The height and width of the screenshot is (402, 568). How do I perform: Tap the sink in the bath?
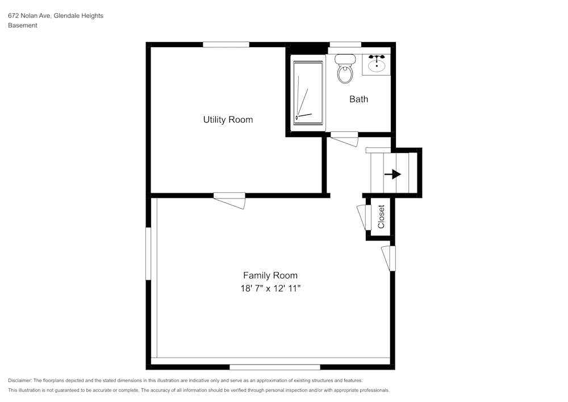376,65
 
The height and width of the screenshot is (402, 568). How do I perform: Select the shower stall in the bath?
308,92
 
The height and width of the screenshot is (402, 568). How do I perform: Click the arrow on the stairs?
392,175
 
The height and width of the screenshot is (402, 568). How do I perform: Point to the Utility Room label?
228,120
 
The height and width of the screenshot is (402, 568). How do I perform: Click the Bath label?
358,99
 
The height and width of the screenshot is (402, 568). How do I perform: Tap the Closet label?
381,217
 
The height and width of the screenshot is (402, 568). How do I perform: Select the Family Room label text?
270,275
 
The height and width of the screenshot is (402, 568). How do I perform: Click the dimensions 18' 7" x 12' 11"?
270,288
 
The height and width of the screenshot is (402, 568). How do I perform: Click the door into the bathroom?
345,138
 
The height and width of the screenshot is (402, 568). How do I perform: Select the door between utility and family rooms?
229,200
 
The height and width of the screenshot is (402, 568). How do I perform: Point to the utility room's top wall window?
226,44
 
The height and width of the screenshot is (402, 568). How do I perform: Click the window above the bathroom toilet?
345,44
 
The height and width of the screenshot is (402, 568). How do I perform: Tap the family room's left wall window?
148,254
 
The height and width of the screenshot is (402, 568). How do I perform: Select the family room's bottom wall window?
275,367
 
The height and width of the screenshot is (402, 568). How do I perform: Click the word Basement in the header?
23,26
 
